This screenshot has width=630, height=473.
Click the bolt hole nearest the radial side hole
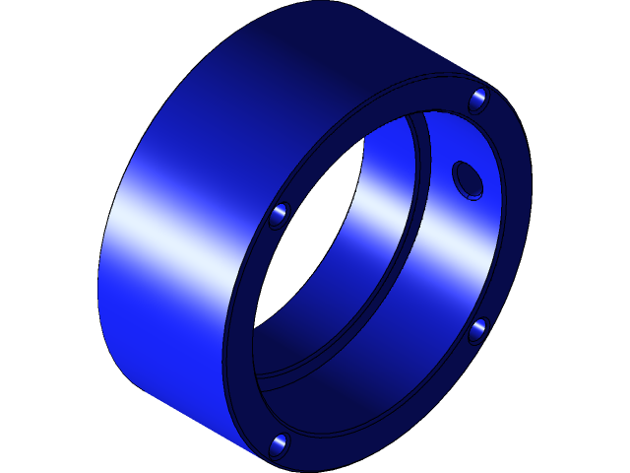coord(478,100)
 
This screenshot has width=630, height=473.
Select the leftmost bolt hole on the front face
coord(280,214)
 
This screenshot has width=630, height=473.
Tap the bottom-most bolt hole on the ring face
coord(279,445)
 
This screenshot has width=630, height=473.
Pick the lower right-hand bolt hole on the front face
coord(477,330)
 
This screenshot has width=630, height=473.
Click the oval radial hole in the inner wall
coord(468,180)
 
